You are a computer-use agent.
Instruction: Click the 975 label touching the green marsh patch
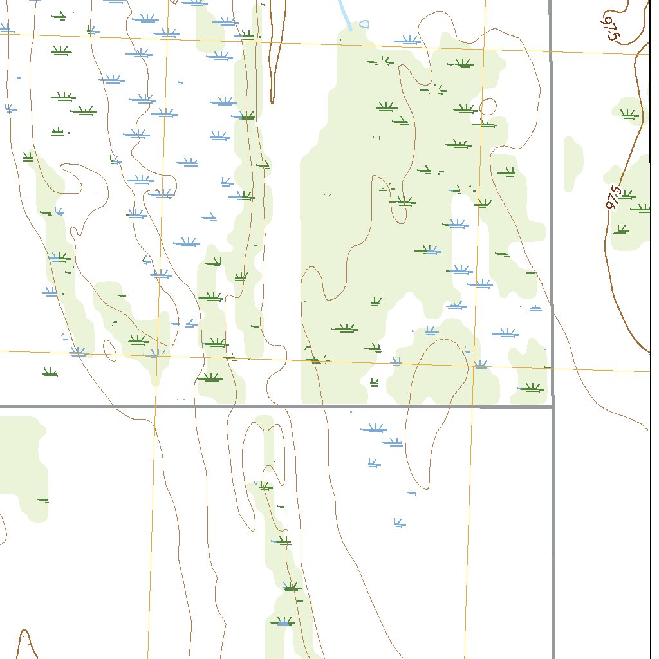[x=614, y=198]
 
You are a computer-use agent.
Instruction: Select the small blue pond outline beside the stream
[x=365, y=24]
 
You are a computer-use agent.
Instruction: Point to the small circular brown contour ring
[x=488, y=106]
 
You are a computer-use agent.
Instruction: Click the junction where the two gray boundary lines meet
[x=552, y=406]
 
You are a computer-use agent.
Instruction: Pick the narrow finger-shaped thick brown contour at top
[x=274, y=51]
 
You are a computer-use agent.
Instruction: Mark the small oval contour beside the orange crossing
[x=109, y=350]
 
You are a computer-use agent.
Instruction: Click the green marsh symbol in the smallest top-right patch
[x=628, y=115]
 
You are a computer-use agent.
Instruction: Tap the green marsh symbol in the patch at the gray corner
[x=532, y=387]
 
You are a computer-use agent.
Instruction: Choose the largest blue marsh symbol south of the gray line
[x=373, y=428]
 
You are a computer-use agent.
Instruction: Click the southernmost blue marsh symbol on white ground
[x=399, y=523]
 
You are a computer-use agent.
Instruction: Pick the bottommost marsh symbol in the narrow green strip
[x=283, y=622]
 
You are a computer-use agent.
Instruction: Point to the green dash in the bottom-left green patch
[x=42, y=499]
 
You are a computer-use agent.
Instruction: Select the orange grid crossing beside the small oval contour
[x=156, y=355]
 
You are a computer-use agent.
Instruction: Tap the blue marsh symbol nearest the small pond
[x=407, y=41]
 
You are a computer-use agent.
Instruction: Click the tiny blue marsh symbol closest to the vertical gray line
[x=535, y=308]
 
